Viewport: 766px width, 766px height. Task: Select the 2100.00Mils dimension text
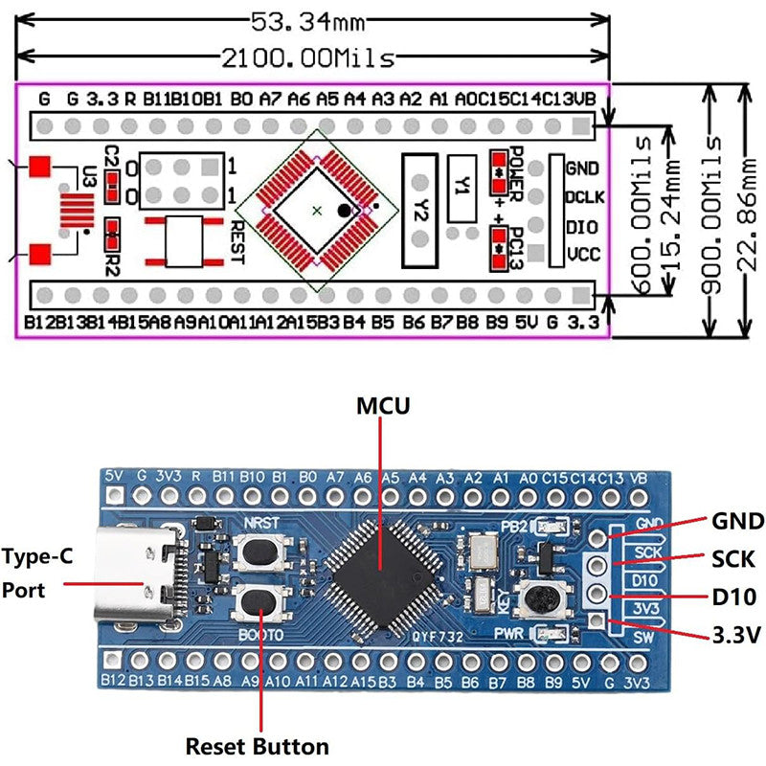point(308,58)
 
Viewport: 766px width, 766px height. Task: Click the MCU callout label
point(382,405)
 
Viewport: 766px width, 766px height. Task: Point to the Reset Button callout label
point(257,746)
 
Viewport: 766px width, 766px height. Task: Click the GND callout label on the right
point(736,522)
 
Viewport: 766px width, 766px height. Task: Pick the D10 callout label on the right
point(733,597)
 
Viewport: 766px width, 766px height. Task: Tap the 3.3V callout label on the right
point(735,635)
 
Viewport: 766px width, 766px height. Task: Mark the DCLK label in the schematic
point(582,197)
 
